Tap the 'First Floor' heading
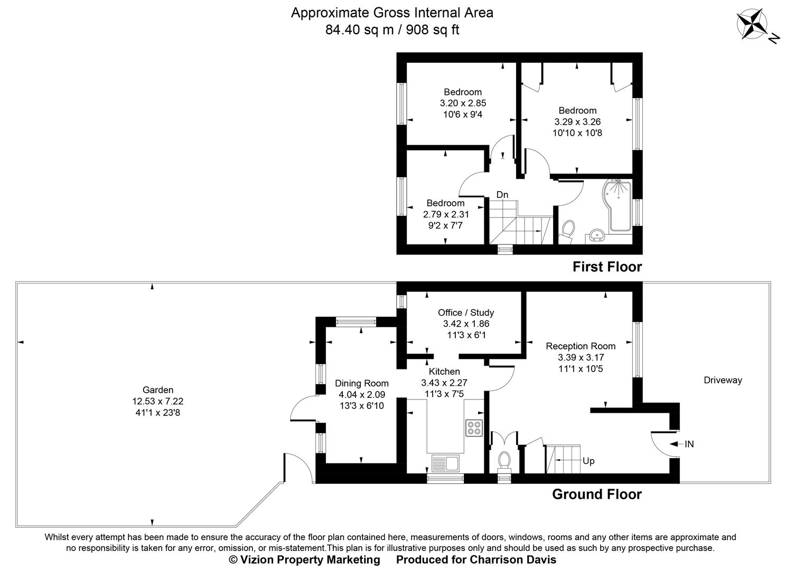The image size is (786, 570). click(x=607, y=267)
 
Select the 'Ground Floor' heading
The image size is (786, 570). click(x=596, y=495)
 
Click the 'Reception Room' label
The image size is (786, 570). click(x=581, y=346)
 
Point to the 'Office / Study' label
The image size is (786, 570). click(x=466, y=312)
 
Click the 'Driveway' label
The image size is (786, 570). click(x=722, y=380)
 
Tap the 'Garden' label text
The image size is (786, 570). click(x=158, y=390)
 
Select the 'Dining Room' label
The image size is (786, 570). click(x=361, y=383)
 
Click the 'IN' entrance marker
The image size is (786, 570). click(x=689, y=444)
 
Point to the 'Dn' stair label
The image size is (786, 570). click(x=502, y=195)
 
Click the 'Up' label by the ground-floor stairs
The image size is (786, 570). click(x=588, y=461)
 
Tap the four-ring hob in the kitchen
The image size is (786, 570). click(x=474, y=427)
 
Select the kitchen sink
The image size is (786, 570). click(x=446, y=463)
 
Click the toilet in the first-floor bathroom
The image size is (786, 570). click(x=568, y=231)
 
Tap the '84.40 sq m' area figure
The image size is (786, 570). click(x=359, y=30)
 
